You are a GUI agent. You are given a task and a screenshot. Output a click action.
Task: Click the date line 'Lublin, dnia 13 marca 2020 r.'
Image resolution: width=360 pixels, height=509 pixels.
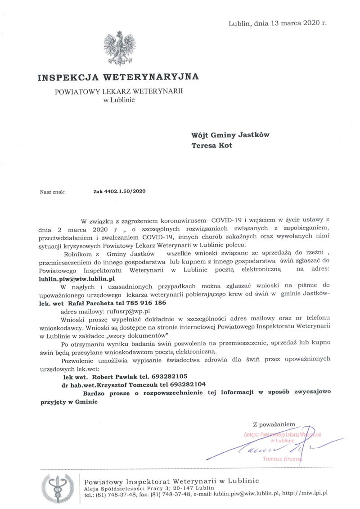[278, 22]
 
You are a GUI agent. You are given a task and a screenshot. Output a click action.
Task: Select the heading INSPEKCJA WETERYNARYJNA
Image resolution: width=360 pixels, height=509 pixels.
[118, 77]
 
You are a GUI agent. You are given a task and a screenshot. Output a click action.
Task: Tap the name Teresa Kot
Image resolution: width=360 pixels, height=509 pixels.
[212, 145]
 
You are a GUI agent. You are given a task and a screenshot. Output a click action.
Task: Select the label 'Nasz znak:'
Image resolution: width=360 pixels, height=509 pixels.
[53, 191]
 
